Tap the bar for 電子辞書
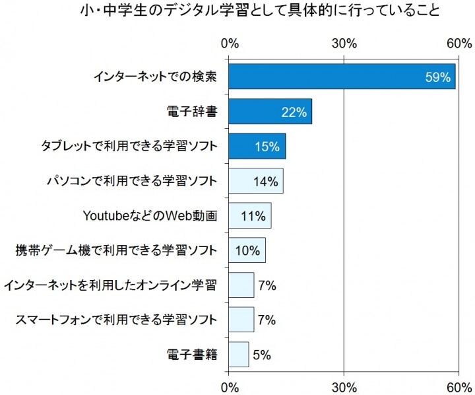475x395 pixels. (x=270, y=112)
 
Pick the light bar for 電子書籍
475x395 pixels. (x=239, y=354)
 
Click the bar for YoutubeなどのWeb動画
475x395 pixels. (x=249, y=215)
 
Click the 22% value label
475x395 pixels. (x=294, y=112)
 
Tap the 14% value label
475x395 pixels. (x=266, y=181)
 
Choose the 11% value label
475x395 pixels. (x=254, y=216)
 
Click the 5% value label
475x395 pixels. (x=262, y=355)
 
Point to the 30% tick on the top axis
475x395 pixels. (x=344, y=44)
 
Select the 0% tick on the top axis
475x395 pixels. (x=229, y=44)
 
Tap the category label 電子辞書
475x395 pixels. (x=192, y=112)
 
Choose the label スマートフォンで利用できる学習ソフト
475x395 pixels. (x=116, y=320)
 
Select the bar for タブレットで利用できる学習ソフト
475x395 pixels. (x=257, y=146)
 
